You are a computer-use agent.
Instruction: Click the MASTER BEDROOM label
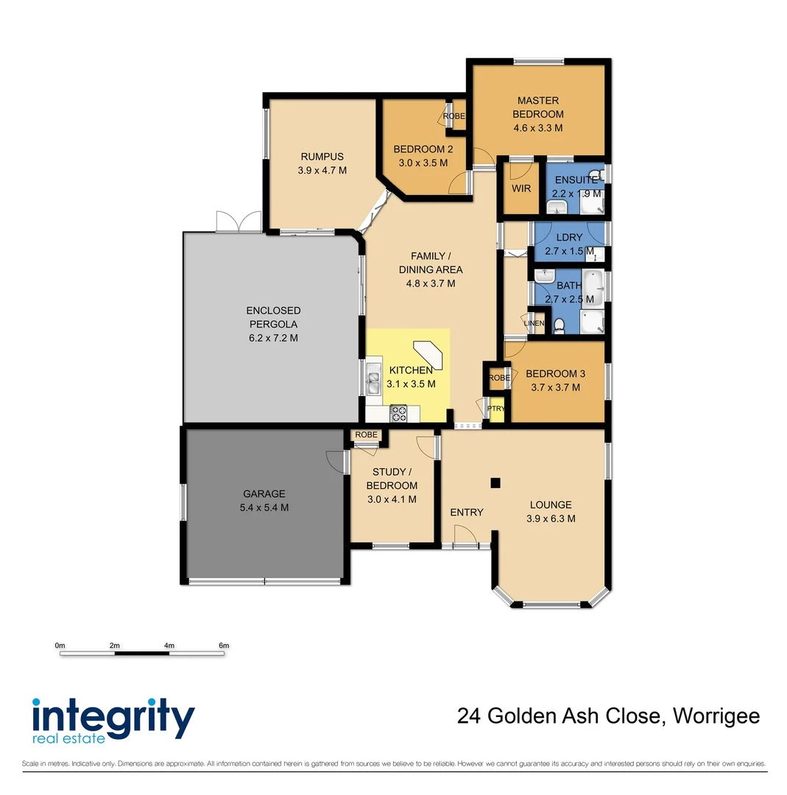pyautogui.click(x=538, y=107)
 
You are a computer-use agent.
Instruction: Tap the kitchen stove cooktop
pyautogui.click(x=398, y=414)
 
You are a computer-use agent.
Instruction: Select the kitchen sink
pyautogui.click(x=372, y=381)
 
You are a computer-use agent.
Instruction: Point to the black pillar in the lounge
pyautogui.click(x=495, y=483)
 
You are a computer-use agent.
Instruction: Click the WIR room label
pyautogui.click(x=521, y=188)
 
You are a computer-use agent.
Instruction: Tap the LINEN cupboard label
pyautogui.click(x=534, y=324)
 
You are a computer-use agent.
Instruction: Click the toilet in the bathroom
pyautogui.click(x=559, y=325)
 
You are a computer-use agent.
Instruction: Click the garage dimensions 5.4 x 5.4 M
pyautogui.click(x=264, y=508)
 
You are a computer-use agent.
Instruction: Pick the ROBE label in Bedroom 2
pyautogui.click(x=454, y=116)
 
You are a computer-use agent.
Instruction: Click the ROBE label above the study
pyautogui.click(x=366, y=435)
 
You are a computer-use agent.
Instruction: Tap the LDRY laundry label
pyautogui.click(x=569, y=237)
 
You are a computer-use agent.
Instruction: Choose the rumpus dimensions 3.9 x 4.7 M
pyautogui.click(x=322, y=170)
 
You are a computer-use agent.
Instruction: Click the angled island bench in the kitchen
pyautogui.click(x=428, y=354)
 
